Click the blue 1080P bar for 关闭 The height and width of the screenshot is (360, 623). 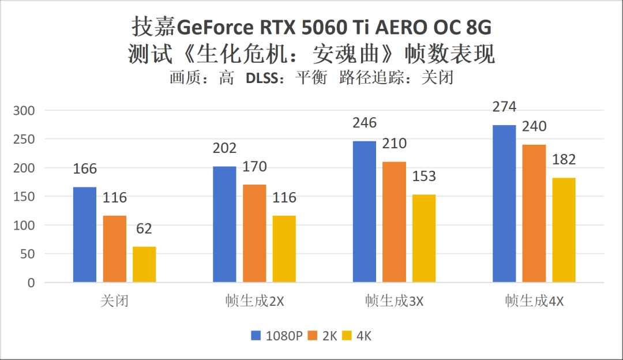click(84, 235)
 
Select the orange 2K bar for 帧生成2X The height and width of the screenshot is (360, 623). click(254, 233)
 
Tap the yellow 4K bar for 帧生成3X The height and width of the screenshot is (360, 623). click(423, 238)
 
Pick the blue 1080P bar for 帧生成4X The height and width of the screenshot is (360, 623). click(504, 204)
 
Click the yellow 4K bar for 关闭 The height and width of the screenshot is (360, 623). click(144, 264)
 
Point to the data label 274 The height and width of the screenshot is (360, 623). click(504, 107)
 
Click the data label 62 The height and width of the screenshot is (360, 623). click(144, 228)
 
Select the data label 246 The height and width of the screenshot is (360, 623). click(364, 123)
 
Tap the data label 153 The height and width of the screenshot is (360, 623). click(423, 176)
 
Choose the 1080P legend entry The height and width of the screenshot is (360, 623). click(277, 336)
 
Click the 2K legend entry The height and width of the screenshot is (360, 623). click(324, 336)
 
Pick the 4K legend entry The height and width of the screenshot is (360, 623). click(358, 336)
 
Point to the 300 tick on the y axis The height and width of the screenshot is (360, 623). click(24, 110)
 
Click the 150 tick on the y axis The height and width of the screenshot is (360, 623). click(24, 197)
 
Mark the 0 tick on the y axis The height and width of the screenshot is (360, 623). click(31, 283)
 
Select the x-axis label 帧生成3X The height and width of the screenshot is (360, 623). click(394, 302)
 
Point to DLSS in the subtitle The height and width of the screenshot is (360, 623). click(262, 78)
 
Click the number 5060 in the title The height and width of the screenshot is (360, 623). click(316, 28)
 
